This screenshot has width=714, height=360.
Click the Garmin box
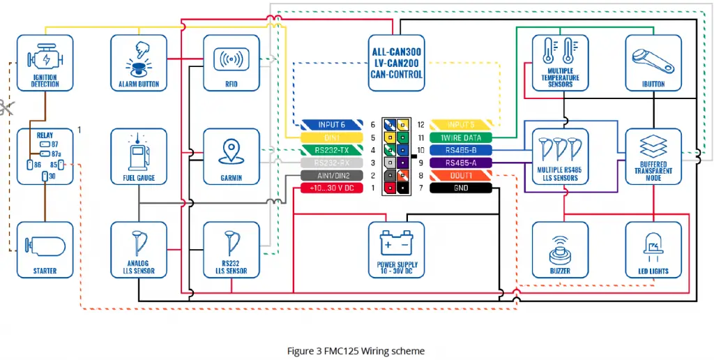(x=231, y=156)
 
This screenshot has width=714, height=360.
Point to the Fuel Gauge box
(x=139, y=156)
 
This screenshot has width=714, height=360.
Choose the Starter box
(x=45, y=250)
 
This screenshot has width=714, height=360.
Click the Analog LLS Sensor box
(x=139, y=250)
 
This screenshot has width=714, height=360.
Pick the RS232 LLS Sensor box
(x=231, y=250)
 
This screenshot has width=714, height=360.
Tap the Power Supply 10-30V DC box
(x=396, y=250)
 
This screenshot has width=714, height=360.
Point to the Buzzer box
(x=560, y=250)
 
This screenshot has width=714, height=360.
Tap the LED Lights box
(x=653, y=250)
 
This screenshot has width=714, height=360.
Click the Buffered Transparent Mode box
(x=653, y=156)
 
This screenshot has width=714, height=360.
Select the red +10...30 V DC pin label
(x=331, y=188)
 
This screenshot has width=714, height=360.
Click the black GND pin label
(x=461, y=188)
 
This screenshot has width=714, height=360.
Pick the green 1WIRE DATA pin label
(x=461, y=137)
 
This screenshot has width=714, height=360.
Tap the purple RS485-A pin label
(x=461, y=163)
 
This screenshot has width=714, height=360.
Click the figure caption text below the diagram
(x=356, y=350)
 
